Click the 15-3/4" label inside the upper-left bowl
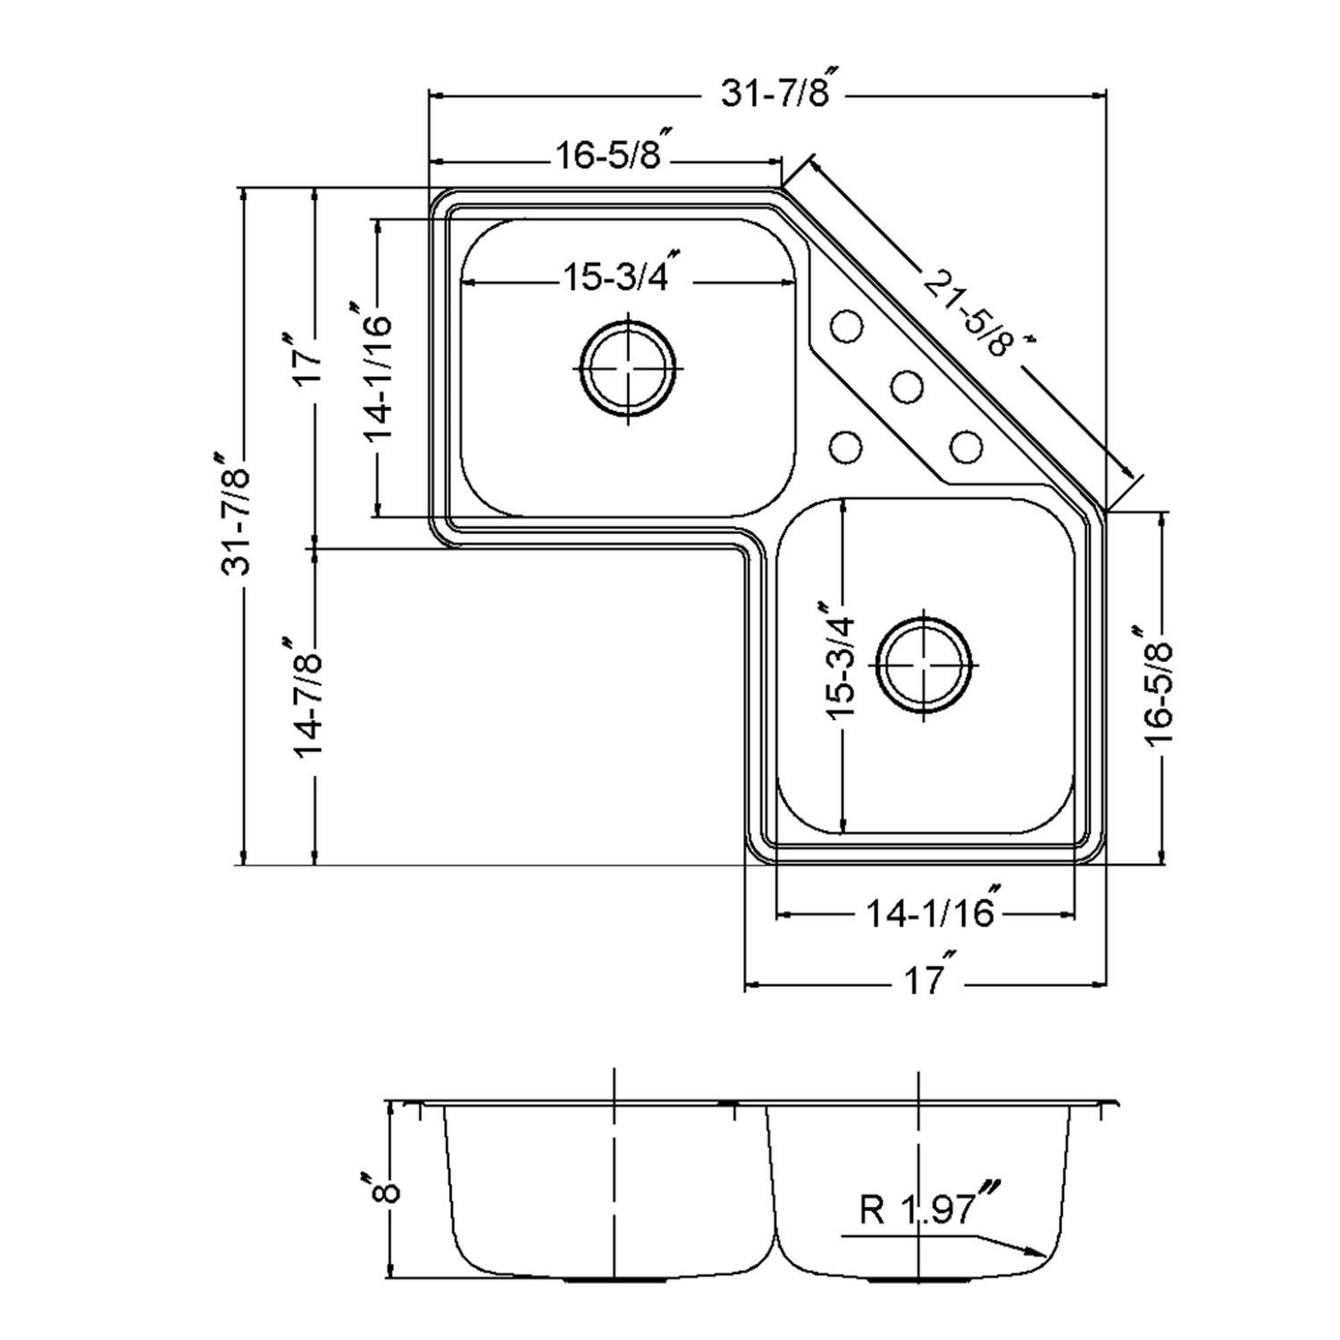pos(616,278)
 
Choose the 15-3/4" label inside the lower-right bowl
pos(841,663)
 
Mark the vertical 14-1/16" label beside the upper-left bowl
pos(376,373)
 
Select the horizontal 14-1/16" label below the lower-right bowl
pos(931,912)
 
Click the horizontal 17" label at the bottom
pos(929,982)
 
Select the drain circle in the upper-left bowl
pos(628,367)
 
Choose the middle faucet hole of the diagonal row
pos(907,386)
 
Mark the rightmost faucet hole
pos(966,446)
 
